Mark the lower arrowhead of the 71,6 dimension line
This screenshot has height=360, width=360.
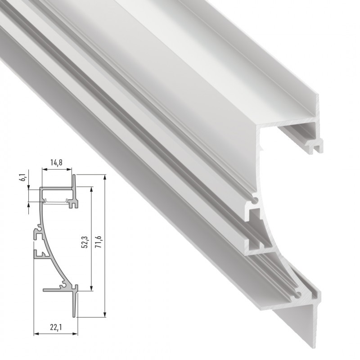[x=104, y=315]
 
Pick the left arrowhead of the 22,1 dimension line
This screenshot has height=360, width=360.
[x=36, y=334]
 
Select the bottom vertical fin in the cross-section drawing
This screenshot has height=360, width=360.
[x=76, y=304]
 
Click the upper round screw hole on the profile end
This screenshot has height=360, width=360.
[x=256, y=198]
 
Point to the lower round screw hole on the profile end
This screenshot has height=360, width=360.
[x=297, y=295]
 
